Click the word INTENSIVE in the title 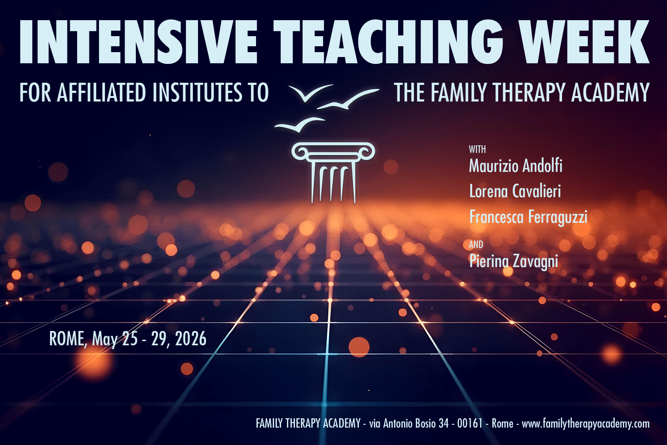[138, 42]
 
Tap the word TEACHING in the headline [388, 42]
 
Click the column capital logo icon [333, 172]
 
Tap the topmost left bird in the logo [310, 92]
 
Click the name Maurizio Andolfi [516, 165]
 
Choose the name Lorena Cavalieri [515, 191]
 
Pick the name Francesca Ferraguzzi [528, 217]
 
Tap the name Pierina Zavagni [513, 261]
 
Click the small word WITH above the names [477, 149]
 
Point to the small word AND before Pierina [476, 245]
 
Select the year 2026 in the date [191, 339]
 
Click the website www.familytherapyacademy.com [586, 424]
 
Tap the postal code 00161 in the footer [470, 423]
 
